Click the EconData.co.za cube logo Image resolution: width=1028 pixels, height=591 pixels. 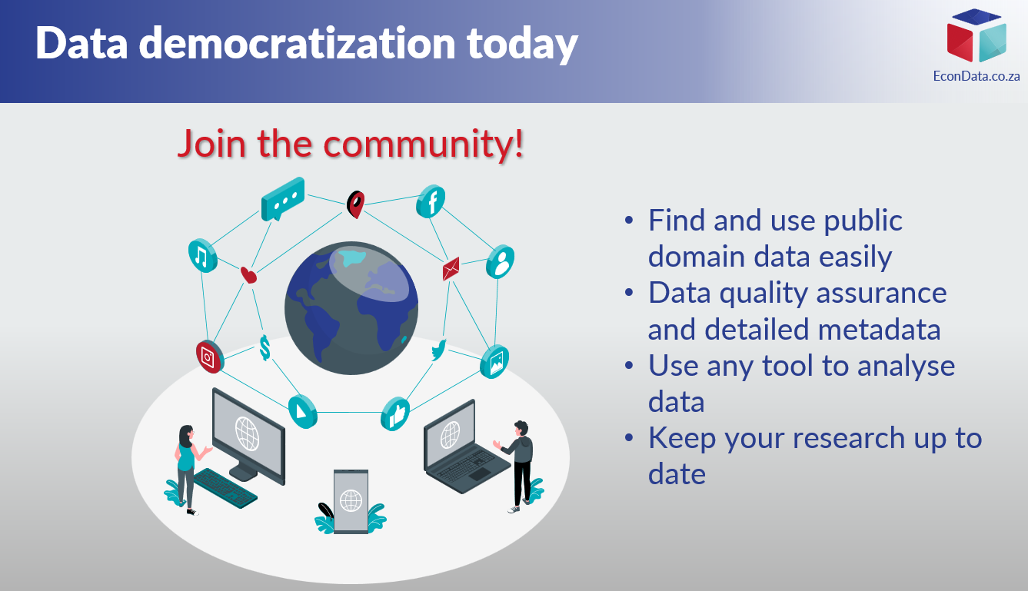click(x=976, y=35)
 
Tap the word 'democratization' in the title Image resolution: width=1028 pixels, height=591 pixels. click(x=298, y=43)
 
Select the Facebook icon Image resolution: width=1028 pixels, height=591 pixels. click(x=431, y=201)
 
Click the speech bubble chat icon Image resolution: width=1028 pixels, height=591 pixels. click(x=283, y=199)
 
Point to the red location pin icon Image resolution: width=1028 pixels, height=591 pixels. click(x=356, y=204)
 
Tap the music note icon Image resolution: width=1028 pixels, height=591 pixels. click(x=202, y=256)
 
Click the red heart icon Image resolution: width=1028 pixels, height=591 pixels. click(x=248, y=275)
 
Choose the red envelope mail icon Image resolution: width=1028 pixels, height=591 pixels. click(x=451, y=269)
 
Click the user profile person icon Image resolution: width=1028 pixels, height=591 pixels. click(x=501, y=261)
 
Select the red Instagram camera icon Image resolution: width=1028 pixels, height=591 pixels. click(x=210, y=357)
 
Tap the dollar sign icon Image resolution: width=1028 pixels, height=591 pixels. click(x=264, y=348)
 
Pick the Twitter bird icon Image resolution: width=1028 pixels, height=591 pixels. click(x=439, y=350)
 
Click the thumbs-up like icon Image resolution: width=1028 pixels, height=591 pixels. click(x=395, y=414)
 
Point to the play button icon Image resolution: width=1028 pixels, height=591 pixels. click(x=302, y=411)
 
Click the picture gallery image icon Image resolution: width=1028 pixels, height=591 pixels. click(x=494, y=361)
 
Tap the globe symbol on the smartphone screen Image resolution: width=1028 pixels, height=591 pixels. click(x=351, y=500)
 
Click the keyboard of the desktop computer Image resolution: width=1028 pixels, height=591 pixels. click(x=225, y=488)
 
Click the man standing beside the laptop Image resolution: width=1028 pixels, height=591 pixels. click(x=517, y=466)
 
